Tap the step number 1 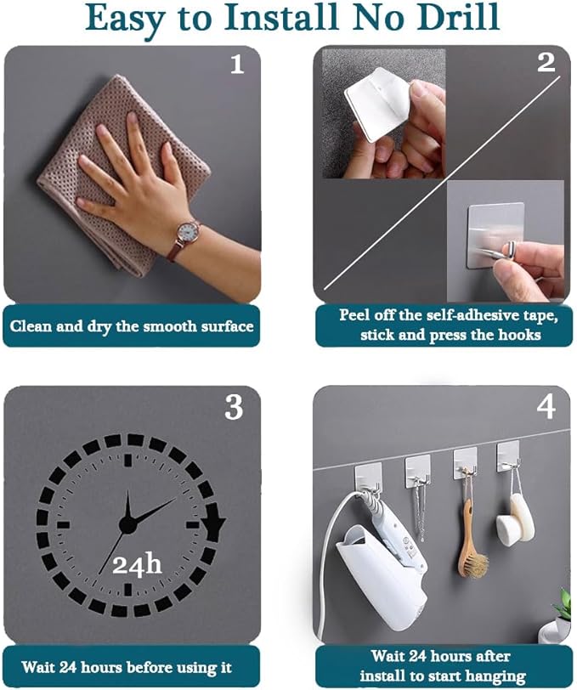pos(237,65)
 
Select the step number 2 pos(546,63)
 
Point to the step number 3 pos(234,407)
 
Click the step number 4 pos(546,407)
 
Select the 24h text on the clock pos(137,564)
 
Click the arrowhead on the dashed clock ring pos(214,523)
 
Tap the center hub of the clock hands pos(127,524)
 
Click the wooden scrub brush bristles pos(475,564)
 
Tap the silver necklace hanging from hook pos(420,511)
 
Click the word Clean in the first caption pos(31,326)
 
